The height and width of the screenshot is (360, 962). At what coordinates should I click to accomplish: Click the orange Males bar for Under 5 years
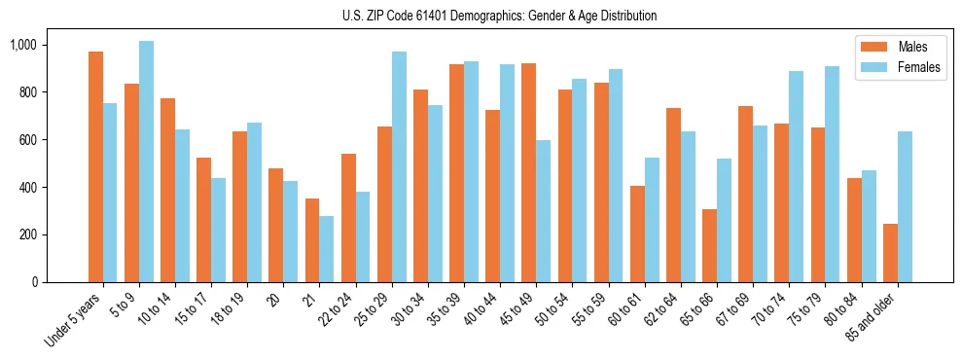95,166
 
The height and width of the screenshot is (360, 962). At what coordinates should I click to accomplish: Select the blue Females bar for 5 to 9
146,162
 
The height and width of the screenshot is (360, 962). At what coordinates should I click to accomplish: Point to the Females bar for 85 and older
905,206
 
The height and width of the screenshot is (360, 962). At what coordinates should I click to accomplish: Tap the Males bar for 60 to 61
637,234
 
